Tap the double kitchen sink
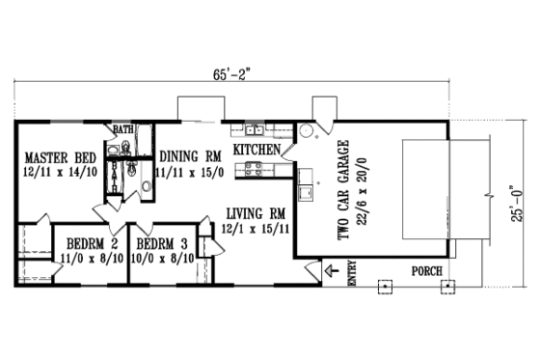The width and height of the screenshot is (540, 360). point(255,129)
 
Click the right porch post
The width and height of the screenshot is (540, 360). point(446,287)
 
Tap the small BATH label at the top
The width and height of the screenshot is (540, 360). point(122,128)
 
